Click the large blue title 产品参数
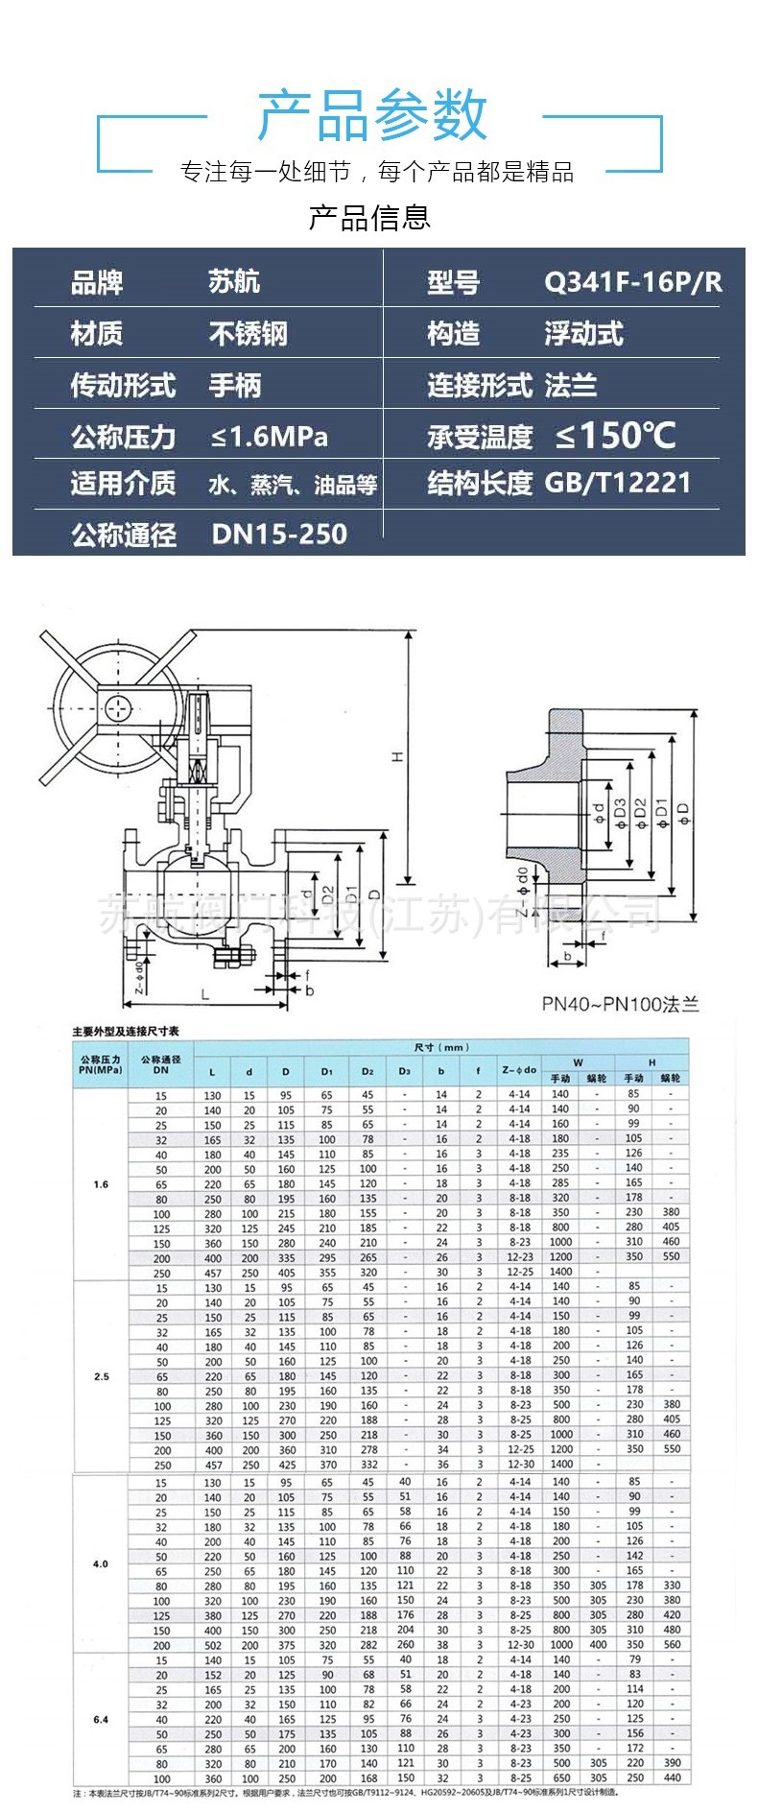372,115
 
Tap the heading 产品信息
369,217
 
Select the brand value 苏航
234,282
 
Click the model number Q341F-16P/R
632,282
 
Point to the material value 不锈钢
249,334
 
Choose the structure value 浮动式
583,334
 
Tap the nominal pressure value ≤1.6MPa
270,438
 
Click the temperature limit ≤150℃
615,437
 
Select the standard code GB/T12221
618,483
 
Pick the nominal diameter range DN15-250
279,535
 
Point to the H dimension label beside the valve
397,757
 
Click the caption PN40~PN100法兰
620,1004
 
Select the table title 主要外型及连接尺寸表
126,1032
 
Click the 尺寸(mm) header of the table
441,1047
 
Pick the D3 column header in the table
404,1071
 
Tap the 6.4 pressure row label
101,1719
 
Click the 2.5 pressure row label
101,1376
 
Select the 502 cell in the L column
213,1645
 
